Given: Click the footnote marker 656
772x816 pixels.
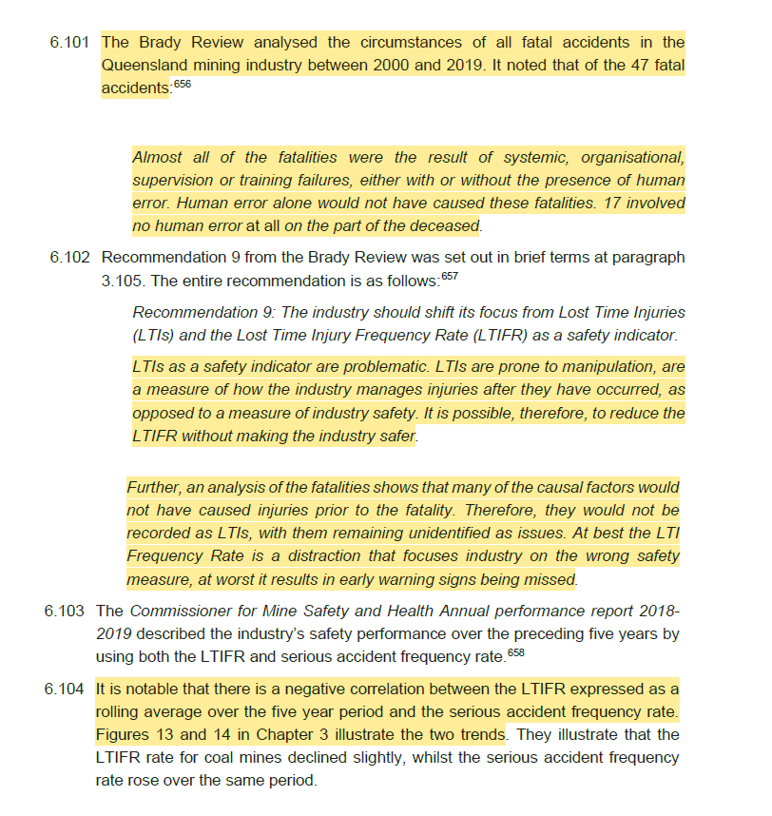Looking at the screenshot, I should (x=183, y=85).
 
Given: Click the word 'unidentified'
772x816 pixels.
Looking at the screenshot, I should (x=471, y=534).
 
